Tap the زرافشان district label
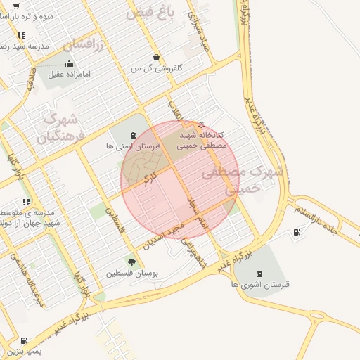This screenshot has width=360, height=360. point(84,45)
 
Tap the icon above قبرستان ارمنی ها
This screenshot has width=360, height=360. point(133,135)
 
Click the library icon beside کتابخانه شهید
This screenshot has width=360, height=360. point(202,124)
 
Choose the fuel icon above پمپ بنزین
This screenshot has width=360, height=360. point(24,340)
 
